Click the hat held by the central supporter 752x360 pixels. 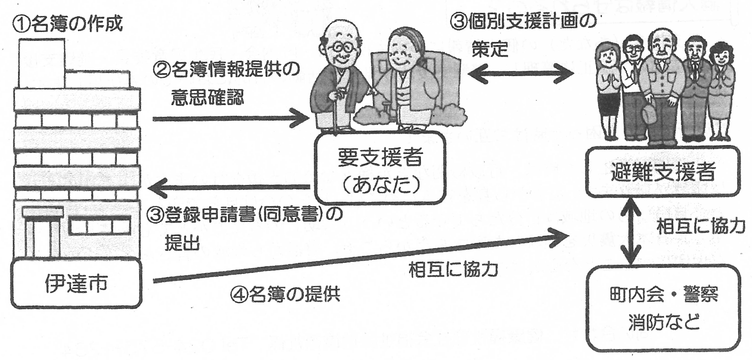tap(649, 114)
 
